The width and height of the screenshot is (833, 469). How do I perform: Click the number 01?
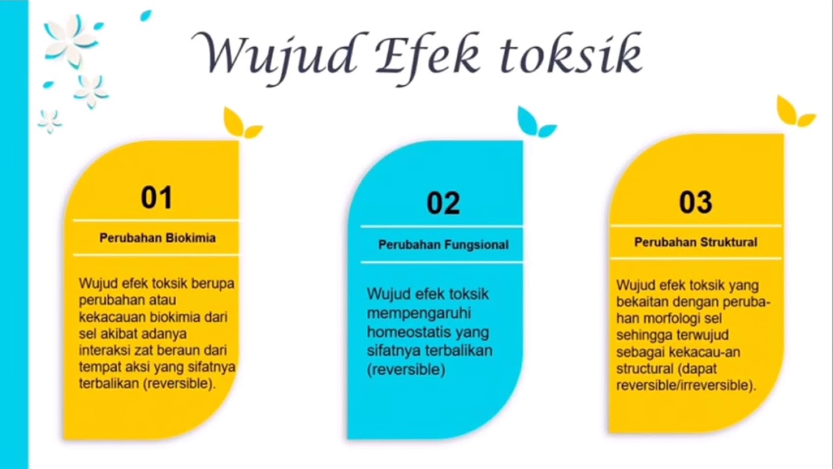click(x=156, y=197)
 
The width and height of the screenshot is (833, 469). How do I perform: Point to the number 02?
click(x=443, y=203)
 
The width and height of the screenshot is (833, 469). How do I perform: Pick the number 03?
click(x=696, y=203)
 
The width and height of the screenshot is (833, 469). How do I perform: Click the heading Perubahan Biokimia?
click(x=157, y=238)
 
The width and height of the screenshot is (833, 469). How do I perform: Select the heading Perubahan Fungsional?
click(x=443, y=245)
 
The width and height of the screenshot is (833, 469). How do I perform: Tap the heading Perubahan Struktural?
click(x=696, y=242)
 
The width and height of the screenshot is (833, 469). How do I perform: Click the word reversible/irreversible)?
click(x=686, y=386)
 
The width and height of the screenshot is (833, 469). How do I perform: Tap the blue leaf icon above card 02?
click(x=535, y=123)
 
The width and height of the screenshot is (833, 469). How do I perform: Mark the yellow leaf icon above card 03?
click(x=794, y=113)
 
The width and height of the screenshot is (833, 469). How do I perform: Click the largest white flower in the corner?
click(x=70, y=39)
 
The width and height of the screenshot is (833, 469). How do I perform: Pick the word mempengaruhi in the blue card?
click(x=418, y=313)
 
